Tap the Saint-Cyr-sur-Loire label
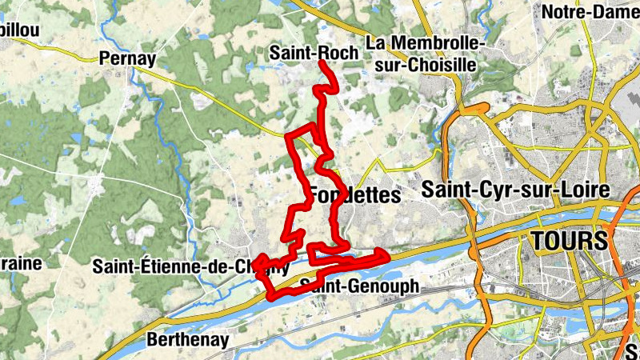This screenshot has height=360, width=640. [x=516, y=190]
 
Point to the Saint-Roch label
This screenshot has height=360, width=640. [x=314, y=53]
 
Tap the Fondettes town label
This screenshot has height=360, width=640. [x=354, y=195]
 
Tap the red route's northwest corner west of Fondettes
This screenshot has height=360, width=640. [x=289, y=135]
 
